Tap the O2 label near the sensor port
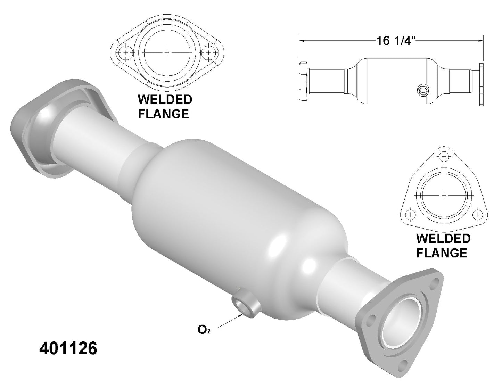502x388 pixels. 204,330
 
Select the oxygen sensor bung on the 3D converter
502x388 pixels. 246,305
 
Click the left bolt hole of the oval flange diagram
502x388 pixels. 126,53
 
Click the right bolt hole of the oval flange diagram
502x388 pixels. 208,53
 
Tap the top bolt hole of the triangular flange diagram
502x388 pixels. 444,157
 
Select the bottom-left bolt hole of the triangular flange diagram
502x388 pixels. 410,215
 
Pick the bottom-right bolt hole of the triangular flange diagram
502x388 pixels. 477,215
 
